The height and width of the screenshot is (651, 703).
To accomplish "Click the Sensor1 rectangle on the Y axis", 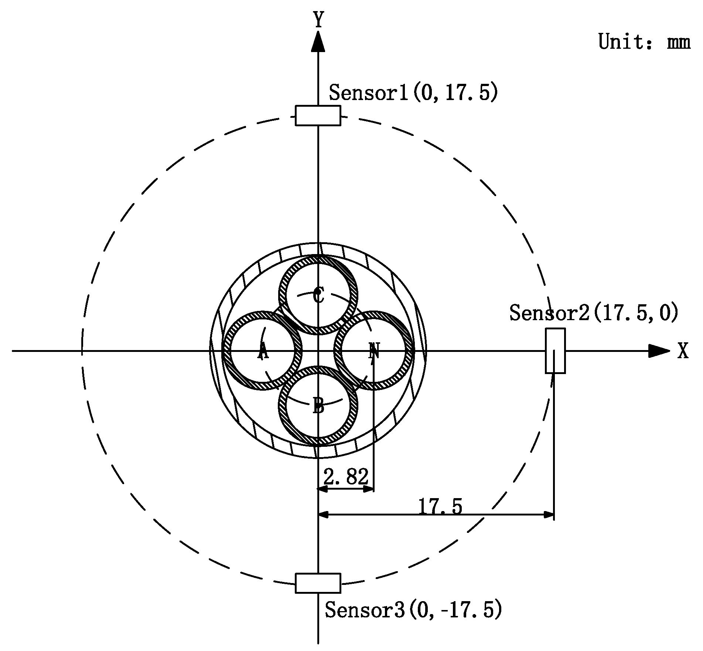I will click(x=318, y=116).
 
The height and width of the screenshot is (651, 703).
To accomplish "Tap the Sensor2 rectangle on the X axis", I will click(x=555, y=350).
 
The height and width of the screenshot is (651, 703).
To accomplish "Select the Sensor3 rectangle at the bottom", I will click(x=318, y=583).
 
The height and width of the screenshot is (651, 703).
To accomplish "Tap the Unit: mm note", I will click(x=644, y=42).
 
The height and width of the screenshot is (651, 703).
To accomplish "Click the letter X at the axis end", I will click(x=683, y=351).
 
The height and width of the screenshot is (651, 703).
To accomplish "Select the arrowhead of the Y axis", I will click(x=318, y=41).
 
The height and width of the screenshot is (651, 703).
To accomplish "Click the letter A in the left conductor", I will click(x=263, y=350).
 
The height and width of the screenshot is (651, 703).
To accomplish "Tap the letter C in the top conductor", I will click(x=318, y=295).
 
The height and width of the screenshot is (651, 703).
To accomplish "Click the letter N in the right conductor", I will click(x=374, y=350).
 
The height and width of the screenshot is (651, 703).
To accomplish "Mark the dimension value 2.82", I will click(x=346, y=477).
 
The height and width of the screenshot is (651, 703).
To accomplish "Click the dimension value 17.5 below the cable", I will click(x=440, y=506).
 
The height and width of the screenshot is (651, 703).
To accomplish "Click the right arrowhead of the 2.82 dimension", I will click(x=369, y=489).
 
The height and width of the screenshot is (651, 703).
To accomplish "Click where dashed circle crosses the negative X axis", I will click(x=82, y=350).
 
